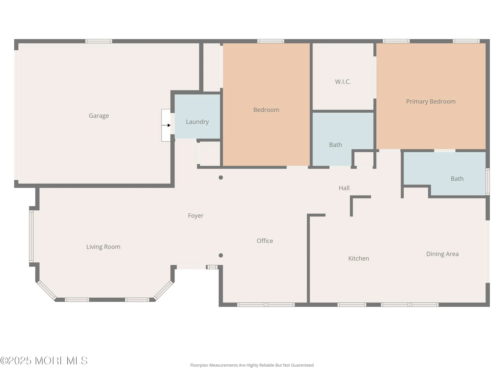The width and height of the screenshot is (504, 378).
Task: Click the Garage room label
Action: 99,116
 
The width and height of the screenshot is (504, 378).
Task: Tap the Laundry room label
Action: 197,122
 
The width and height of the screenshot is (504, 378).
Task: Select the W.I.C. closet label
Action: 343,82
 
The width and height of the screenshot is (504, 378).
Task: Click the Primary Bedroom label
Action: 431,102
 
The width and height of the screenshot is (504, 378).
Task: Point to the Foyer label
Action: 196,216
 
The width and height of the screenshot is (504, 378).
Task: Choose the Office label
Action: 265,241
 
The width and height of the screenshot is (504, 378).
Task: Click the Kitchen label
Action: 358,259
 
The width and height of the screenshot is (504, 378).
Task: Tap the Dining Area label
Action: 442,254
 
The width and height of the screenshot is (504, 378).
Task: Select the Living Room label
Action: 103,247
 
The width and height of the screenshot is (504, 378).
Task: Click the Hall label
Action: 344,188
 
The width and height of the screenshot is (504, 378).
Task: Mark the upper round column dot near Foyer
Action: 221,178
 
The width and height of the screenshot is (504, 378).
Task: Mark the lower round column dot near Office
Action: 221,256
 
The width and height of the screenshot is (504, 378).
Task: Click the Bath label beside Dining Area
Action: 457,179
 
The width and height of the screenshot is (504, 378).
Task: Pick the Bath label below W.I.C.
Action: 335,145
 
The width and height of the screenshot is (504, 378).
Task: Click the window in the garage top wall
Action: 99,41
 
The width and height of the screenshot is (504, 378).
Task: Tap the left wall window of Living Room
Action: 31,236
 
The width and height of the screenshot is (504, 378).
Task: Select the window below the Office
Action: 266,305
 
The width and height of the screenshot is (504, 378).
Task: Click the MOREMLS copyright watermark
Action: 44,361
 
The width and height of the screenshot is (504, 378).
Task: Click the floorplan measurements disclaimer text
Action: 252,365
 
